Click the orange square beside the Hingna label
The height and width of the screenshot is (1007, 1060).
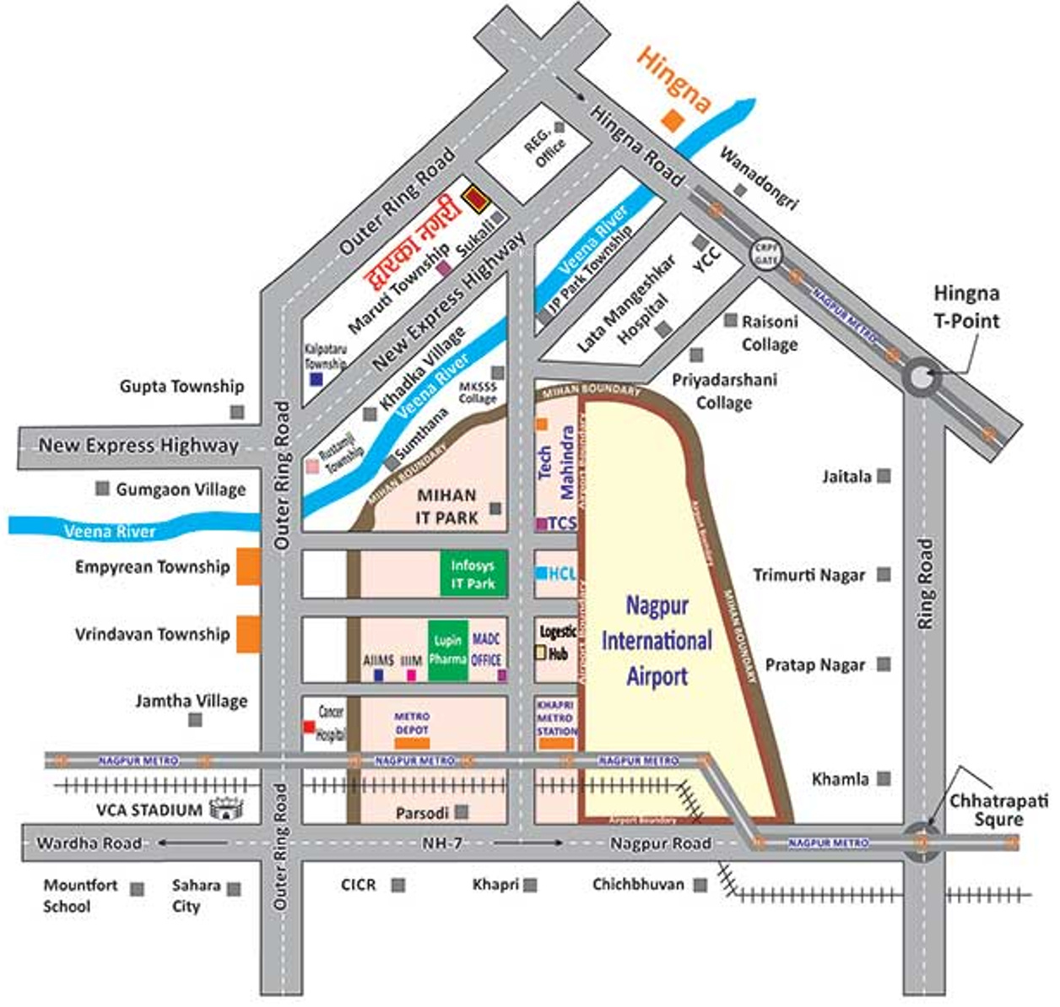672,121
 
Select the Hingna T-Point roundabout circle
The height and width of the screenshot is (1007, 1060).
921,376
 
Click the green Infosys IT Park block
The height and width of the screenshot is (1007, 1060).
473,573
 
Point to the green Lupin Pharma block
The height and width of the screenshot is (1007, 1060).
448,650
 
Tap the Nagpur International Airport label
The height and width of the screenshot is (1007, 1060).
656,641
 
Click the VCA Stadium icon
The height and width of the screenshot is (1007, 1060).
225,809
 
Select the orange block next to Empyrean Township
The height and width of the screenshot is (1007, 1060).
248,566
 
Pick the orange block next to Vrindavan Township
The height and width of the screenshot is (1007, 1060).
248,634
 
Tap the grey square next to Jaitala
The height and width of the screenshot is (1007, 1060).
884,476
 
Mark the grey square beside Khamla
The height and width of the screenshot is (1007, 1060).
884,778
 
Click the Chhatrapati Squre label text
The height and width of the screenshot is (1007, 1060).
998,809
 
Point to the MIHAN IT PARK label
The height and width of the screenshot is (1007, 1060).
446,506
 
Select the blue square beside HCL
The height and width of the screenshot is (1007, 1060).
541,573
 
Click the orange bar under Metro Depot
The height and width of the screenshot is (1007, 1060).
412,744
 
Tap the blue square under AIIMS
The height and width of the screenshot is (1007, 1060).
379,675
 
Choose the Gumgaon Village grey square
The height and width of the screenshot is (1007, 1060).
103,489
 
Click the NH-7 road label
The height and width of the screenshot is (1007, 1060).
442,843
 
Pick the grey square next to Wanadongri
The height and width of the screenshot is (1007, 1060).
740,191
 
